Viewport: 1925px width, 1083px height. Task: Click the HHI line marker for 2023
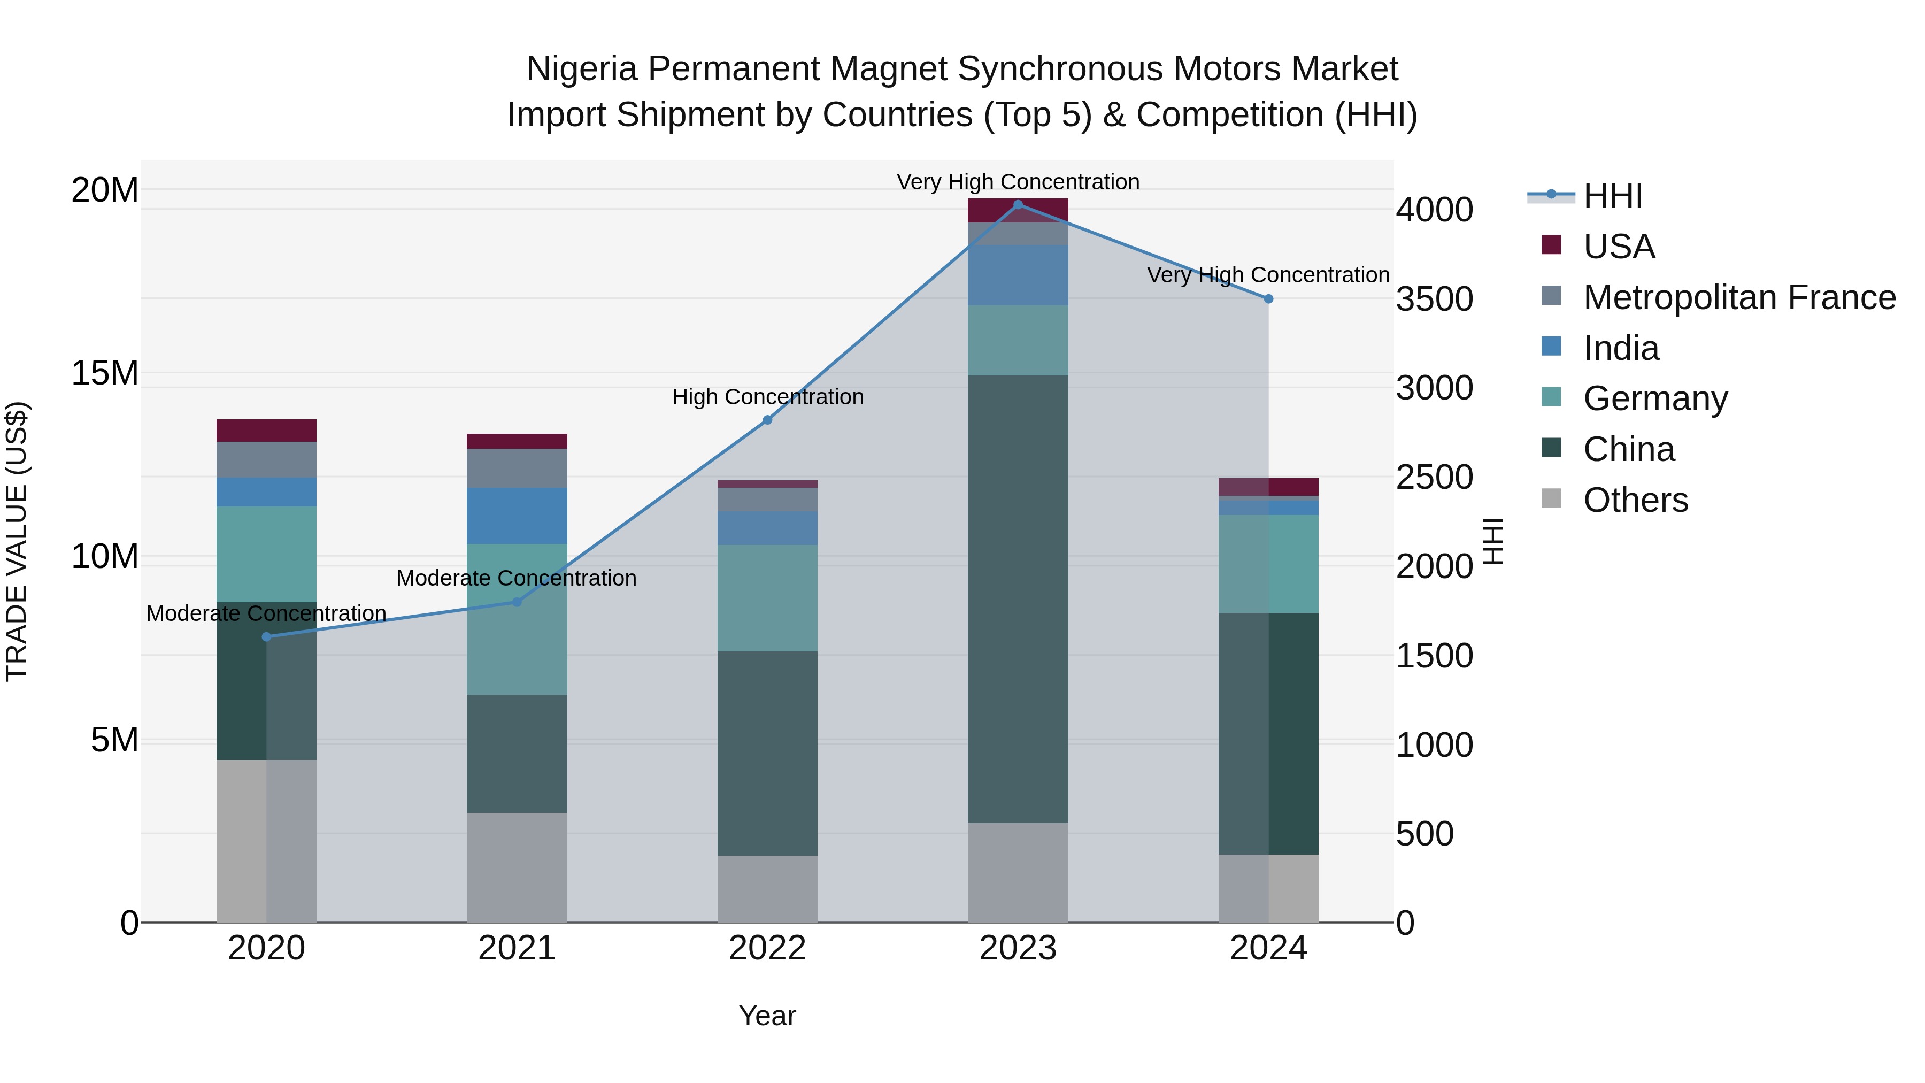tap(1018, 204)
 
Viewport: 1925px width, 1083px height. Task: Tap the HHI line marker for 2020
tap(267, 637)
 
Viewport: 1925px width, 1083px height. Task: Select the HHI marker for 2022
tap(767, 420)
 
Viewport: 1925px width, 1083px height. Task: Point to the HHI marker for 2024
tap(1268, 299)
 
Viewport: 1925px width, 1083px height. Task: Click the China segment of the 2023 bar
tap(1018, 598)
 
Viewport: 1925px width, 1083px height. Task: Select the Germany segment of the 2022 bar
tap(767, 598)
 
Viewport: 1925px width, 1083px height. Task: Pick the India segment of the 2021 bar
tap(517, 516)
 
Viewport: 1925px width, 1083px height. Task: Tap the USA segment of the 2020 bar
tap(267, 431)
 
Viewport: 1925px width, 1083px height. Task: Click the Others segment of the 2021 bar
tap(517, 867)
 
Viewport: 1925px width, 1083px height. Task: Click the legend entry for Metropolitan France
tap(1739, 297)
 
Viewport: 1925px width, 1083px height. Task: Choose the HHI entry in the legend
tap(1613, 196)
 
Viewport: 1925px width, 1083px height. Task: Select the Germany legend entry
tap(1655, 398)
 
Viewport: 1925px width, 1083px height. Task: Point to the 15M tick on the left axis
tap(105, 373)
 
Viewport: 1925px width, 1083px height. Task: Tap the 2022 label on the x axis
tap(767, 948)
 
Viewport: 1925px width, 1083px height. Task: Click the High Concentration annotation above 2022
tap(767, 397)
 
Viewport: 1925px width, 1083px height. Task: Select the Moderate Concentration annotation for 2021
tap(517, 579)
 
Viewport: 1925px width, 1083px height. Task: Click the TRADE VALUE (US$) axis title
tap(17, 541)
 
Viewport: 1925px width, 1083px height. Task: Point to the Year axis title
tap(767, 1016)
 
